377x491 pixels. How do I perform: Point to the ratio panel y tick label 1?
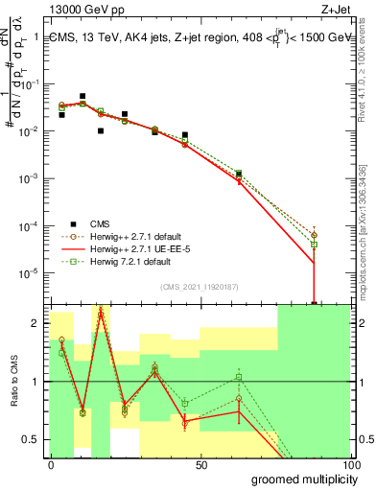pyautogui.click(x=35, y=382)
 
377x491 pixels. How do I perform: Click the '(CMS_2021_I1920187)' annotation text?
pyautogui.click(x=199, y=287)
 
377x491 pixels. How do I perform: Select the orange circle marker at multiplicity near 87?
pyautogui.click(x=314, y=235)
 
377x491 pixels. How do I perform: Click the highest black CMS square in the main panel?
pyautogui.click(x=82, y=97)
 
